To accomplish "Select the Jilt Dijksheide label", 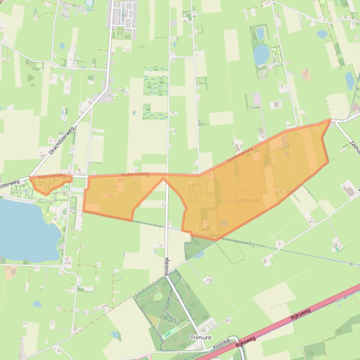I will pos(242,200).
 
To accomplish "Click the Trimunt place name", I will pos(200,337).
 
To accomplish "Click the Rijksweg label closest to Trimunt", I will pos(246,340).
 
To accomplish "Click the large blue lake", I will pos(21,229).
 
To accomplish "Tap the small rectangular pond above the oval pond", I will pos(260,33).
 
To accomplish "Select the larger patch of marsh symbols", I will pos(155,84).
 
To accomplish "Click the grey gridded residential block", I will pos(125,14).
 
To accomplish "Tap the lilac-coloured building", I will pos(256,99).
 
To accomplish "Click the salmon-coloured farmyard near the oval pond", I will pos(305,74).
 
